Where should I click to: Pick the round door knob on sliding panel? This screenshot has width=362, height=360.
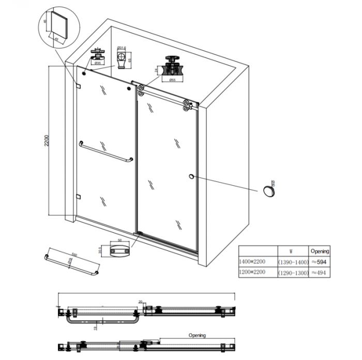(x=192, y=177)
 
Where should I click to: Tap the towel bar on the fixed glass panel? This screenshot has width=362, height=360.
(x=105, y=152)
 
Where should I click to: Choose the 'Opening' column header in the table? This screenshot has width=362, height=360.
(x=319, y=251)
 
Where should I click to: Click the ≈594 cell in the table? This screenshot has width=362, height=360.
(x=319, y=262)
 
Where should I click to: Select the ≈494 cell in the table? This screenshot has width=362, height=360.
(x=319, y=273)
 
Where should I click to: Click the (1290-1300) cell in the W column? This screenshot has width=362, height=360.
(x=293, y=273)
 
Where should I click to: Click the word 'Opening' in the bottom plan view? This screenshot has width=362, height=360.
(x=197, y=335)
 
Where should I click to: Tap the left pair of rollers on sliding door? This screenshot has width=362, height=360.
(x=140, y=92)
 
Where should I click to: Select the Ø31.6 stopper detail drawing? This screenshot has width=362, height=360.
(x=122, y=58)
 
